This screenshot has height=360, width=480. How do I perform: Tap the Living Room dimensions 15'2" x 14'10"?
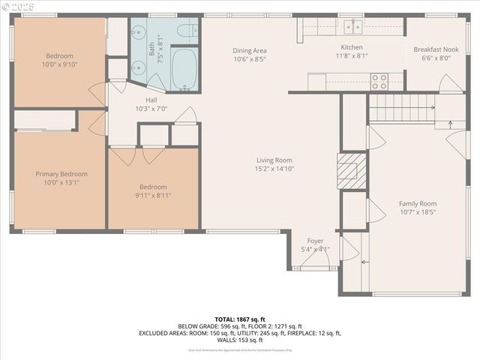coord(274,169)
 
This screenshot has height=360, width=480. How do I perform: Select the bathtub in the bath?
coord(184,69)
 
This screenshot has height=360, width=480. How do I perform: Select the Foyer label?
coord(315,241)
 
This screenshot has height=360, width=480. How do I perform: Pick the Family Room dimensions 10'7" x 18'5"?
coord(418,212)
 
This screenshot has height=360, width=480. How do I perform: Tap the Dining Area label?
coord(250,50)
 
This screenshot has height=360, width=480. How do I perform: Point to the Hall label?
coord(151,100)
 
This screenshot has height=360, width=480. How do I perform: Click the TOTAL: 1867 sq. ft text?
coord(240,319)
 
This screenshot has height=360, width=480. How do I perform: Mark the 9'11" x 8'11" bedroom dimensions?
coord(153,196)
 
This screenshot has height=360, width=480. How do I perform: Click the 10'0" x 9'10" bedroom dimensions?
coord(59,65)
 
